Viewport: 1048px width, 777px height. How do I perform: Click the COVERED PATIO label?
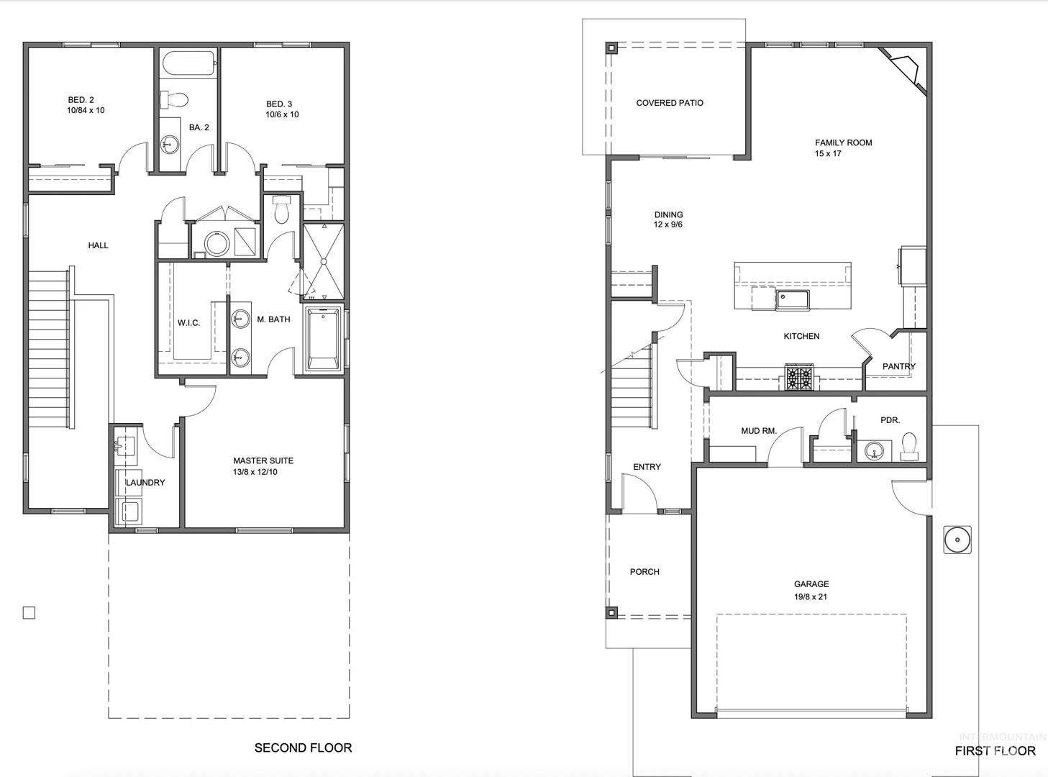(670, 103)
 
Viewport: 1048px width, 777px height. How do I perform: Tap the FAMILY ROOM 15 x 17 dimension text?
(828, 154)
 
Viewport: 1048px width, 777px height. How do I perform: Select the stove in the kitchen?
(799, 377)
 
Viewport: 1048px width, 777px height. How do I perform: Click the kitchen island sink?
(793, 301)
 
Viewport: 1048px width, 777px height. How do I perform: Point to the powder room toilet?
(909, 447)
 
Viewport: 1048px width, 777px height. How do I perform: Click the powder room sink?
(874, 451)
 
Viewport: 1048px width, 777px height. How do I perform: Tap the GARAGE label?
(811, 584)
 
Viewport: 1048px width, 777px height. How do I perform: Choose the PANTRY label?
(898, 366)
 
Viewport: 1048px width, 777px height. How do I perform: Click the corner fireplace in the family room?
(905, 70)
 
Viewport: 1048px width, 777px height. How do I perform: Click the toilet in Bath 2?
(174, 99)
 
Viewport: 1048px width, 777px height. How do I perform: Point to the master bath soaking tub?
(323, 339)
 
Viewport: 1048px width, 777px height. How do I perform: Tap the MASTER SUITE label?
(263, 461)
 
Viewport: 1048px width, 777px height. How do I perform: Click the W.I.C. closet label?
(188, 323)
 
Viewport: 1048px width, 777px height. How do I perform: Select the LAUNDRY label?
(145, 483)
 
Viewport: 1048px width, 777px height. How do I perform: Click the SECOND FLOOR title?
(304, 748)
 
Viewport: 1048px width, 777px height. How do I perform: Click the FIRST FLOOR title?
(995, 750)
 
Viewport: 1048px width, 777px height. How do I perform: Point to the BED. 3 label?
(279, 104)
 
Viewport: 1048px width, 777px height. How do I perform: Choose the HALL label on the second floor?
(99, 245)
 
